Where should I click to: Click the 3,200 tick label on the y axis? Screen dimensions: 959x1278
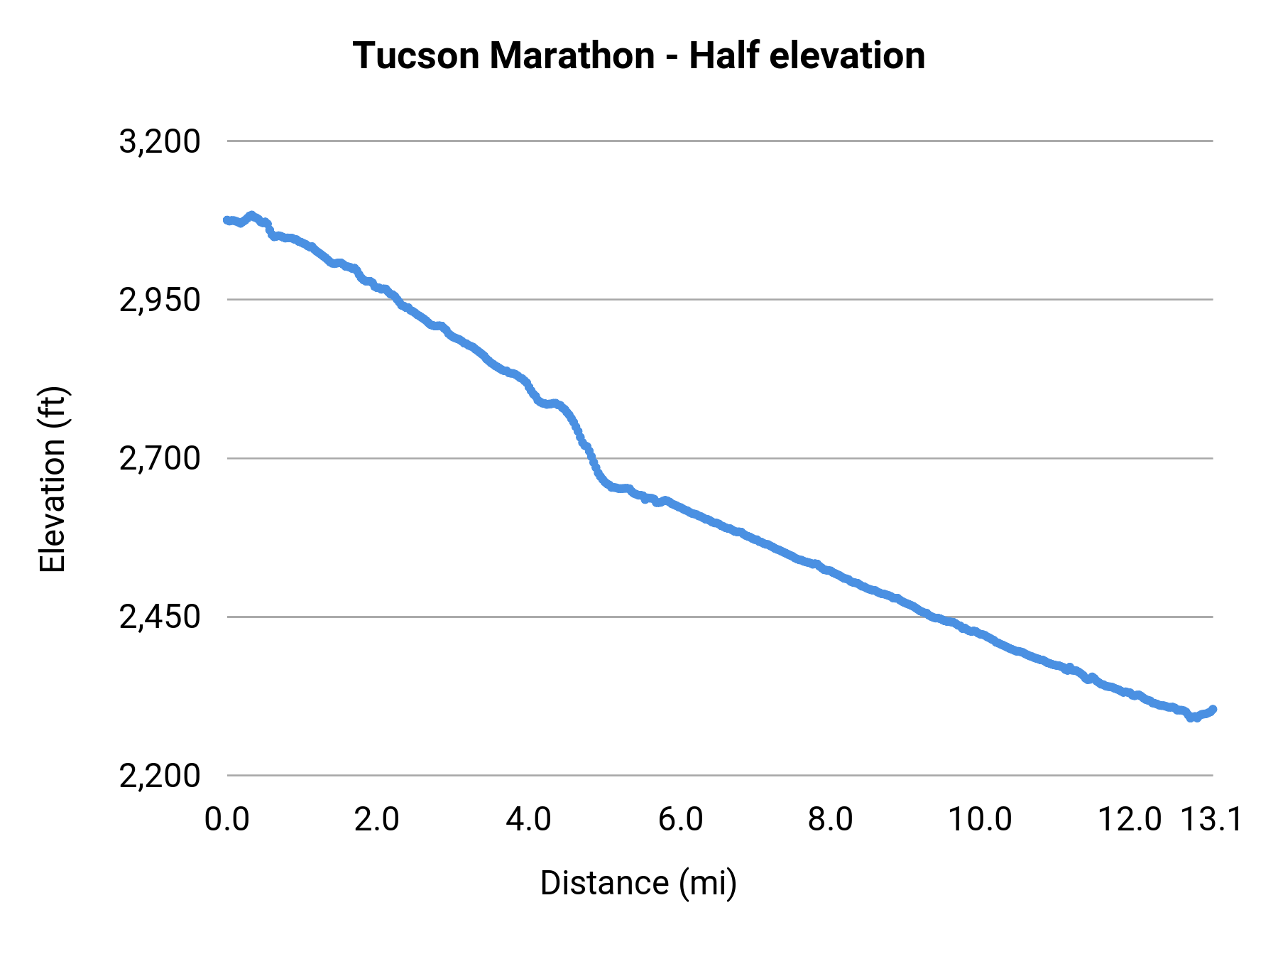coord(160,141)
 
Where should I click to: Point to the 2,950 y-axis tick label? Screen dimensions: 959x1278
coord(160,300)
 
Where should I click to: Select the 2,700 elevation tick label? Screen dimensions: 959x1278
coord(160,459)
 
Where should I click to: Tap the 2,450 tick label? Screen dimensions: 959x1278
coord(160,617)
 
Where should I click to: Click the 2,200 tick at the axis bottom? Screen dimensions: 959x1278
coord(160,776)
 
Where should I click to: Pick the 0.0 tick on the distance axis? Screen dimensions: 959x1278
coord(226,820)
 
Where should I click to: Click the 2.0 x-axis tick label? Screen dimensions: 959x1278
coord(377,820)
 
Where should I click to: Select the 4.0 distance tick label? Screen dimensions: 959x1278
coord(528,820)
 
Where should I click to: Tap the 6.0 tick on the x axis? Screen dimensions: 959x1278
coord(680,820)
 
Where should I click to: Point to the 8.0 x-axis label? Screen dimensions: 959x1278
coord(831,820)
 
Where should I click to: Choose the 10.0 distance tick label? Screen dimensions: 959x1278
coord(981,820)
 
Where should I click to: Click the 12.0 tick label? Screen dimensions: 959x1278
coord(1130,820)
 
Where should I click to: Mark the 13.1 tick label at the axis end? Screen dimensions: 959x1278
coord(1211,820)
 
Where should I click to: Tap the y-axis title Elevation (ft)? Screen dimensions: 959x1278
coord(53,479)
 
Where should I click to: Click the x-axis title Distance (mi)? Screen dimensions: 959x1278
coord(638,883)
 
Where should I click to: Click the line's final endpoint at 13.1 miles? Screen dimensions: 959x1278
coord(1213,709)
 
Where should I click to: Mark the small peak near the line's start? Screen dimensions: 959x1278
coord(251,215)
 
